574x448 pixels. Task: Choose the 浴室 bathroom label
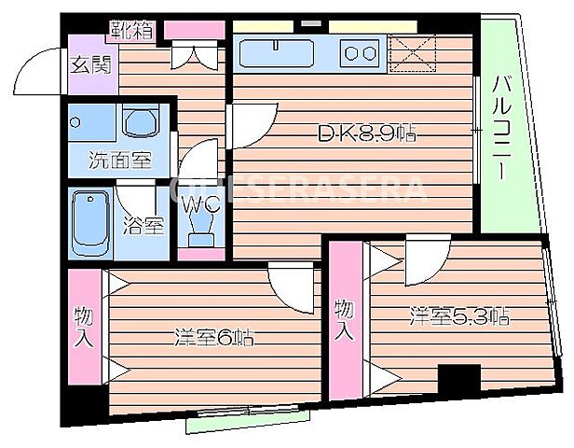coord(145,225)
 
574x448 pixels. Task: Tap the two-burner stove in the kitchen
coord(358,53)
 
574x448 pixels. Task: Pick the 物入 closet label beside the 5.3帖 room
coord(345,318)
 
